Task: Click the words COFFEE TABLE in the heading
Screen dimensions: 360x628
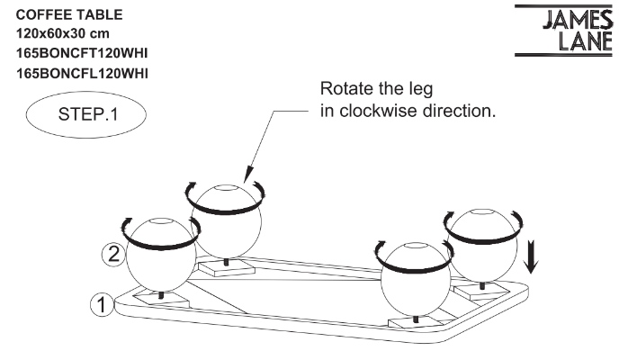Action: tap(60, 16)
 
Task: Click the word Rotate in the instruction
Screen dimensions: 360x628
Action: tap(353, 92)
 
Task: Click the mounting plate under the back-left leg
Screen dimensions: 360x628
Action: tap(226, 267)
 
